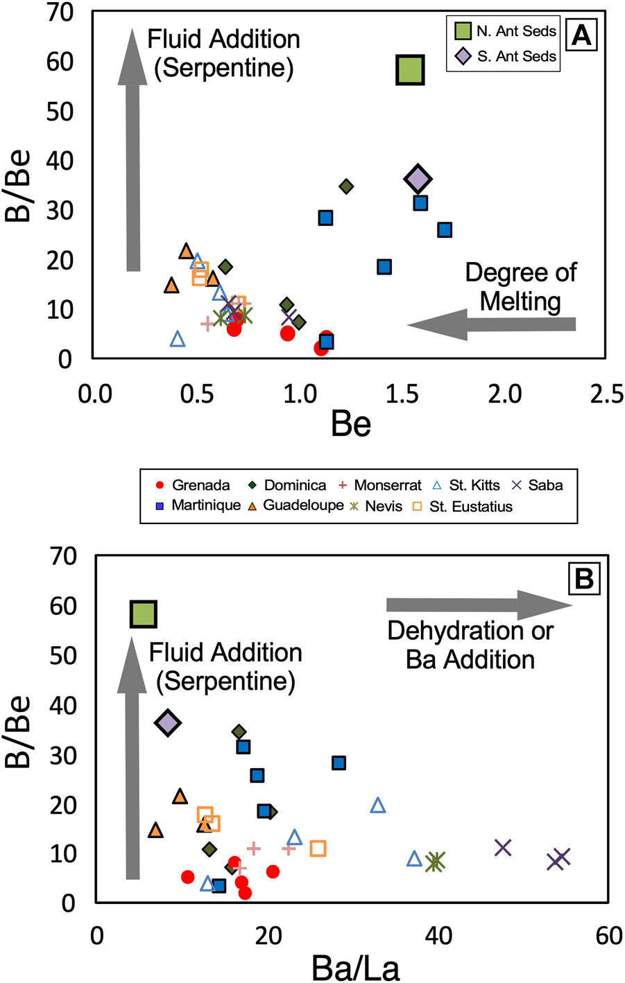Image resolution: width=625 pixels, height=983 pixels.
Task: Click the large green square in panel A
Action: pyautogui.click(x=410, y=69)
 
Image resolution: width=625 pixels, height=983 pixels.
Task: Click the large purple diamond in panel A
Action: pyautogui.click(x=418, y=180)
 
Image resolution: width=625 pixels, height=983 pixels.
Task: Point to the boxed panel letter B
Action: pyautogui.click(x=584, y=578)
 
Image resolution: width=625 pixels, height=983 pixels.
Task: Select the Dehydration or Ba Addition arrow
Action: pyautogui.click(x=479, y=605)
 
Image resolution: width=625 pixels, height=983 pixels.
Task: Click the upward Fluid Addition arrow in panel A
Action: pyautogui.click(x=133, y=149)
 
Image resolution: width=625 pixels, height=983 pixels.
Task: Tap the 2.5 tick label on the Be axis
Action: pyautogui.click(x=606, y=394)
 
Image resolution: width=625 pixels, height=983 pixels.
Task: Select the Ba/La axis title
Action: pyautogui.click(x=355, y=968)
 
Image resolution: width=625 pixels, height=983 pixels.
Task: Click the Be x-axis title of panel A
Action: pyautogui.click(x=351, y=424)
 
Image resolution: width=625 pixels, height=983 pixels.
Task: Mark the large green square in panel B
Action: pyautogui.click(x=143, y=614)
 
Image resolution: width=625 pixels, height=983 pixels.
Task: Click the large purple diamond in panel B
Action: pyautogui.click(x=167, y=722)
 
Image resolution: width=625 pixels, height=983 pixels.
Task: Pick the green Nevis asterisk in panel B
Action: pyautogui.click(x=435, y=862)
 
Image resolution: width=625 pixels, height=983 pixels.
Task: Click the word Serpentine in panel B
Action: pyautogui.click(x=226, y=681)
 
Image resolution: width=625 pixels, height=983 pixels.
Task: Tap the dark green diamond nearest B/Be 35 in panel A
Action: pyautogui.click(x=346, y=186)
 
